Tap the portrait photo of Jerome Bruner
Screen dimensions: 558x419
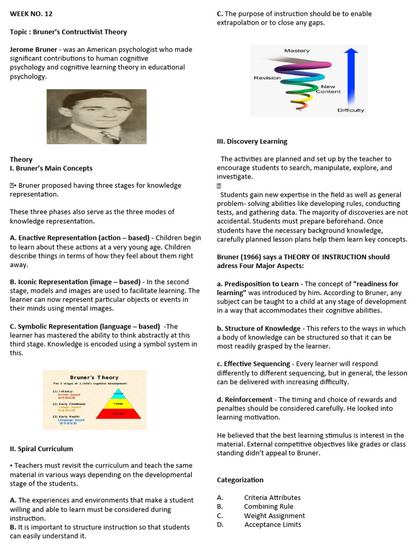pos(97,117)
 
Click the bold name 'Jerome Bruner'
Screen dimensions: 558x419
pos(33,50)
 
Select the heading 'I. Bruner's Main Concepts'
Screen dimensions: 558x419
pos(51,168)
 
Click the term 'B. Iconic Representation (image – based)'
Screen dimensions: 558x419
pos(75,282)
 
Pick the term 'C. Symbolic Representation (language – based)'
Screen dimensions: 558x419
pos(85,326)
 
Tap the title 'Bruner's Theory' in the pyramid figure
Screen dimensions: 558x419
pos(94,377)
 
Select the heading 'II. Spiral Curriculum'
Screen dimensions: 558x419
pos(41,449)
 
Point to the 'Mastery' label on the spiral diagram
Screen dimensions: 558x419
pos(297,51)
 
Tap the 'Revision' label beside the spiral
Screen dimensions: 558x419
pos(267,78)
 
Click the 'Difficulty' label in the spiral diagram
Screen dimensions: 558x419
pos(350,110)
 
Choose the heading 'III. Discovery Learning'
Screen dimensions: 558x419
pos(252,142)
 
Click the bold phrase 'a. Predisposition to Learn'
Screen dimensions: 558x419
pos(258,284)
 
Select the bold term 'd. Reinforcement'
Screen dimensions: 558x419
pos(245,399)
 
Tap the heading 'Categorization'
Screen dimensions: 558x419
pos(240,480)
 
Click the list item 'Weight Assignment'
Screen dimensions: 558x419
pos(274,515)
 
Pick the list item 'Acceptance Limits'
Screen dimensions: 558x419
pos(273,525)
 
